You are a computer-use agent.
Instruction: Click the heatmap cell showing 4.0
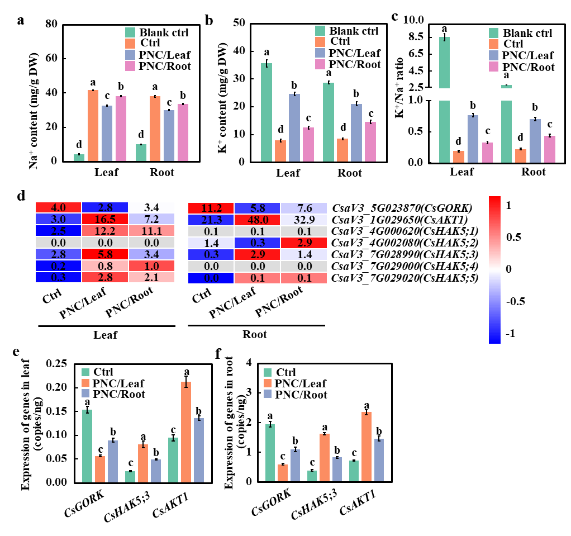coord(58,207)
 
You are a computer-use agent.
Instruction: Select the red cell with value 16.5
coord(105,219)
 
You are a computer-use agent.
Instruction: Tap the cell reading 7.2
coord(151,219)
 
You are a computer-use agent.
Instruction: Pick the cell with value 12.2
coord(105,231)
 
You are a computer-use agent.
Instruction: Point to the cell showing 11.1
coord(151,231)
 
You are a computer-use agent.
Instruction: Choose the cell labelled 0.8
coord(105,265)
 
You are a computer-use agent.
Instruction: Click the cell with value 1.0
coord(151,265)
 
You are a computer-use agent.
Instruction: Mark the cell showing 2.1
coord(151,277)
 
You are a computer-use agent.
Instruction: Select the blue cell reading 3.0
coord(58,219)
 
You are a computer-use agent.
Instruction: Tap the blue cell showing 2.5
coord(58,231)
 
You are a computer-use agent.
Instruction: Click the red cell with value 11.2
coord(211,208)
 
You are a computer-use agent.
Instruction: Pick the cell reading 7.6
coord(304,208)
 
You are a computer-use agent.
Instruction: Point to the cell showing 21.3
coord(211,220)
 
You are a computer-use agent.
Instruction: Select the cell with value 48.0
coord(257,220)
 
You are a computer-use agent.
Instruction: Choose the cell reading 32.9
coord(304,220)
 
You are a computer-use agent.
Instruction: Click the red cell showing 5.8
coord(105,254)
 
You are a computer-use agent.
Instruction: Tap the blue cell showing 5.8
coord(257,208)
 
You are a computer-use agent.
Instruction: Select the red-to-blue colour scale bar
coord(494,269)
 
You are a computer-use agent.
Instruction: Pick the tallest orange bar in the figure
coord(186,431)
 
